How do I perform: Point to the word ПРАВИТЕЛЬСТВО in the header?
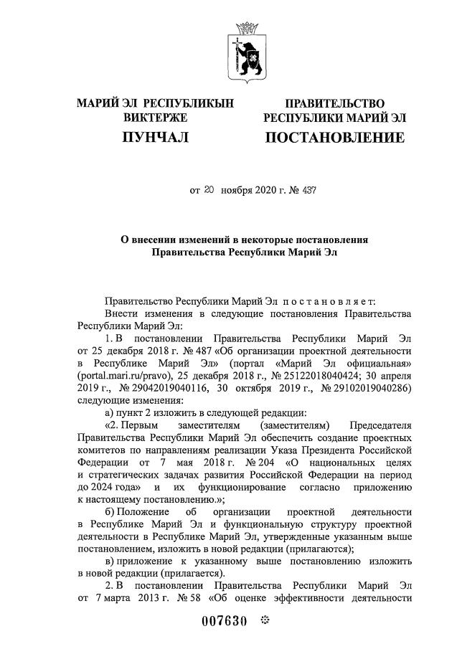[334, 104]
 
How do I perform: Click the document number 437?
[308, 191]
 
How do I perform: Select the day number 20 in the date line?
[209, 191]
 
